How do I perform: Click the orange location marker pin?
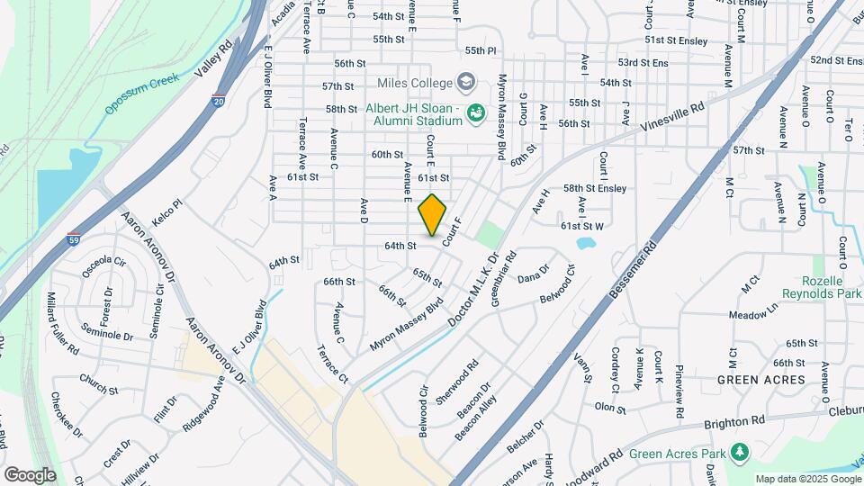(433, 215)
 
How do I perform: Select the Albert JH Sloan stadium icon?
(474, 112)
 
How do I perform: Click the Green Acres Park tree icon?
(742, 451)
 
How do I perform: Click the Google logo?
(30, 474)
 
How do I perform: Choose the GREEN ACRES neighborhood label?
(761, 380)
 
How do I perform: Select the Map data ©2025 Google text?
(807, 479)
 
